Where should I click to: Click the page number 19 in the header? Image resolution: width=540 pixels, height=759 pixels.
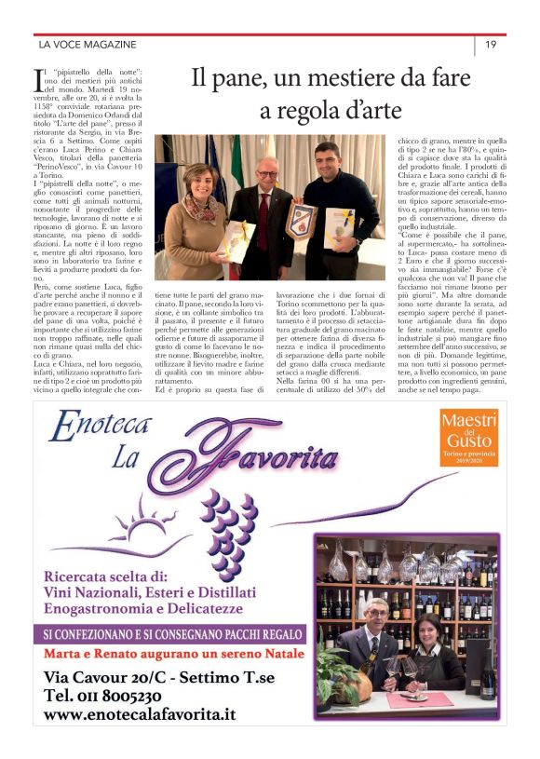point(490,44)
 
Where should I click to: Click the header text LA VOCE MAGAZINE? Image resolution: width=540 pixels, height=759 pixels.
point(88,44)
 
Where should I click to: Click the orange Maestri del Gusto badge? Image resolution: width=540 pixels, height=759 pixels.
point(469,437)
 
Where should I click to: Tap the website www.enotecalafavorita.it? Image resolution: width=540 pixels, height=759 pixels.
point(140,715)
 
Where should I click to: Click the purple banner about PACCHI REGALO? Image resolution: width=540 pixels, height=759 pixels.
point(173,634)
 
